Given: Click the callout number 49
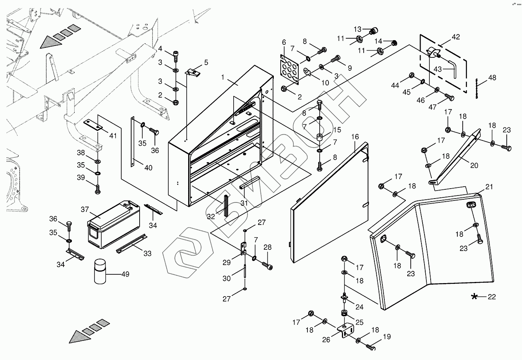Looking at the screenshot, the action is [125, 274].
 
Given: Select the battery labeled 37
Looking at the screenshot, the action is [114, 224].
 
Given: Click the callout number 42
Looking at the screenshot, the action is [456, 37].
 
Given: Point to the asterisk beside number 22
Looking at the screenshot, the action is [474, 296].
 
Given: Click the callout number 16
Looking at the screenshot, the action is [355, 137].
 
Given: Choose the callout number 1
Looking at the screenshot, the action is [223, 77].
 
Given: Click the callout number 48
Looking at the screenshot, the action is [492, 78].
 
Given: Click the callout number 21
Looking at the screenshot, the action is [489, 187].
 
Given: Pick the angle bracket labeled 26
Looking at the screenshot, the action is [345, 330].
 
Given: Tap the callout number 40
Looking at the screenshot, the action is [148, 168].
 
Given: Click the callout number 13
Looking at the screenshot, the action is [358, 29].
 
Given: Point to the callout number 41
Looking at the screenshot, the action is [113, 135].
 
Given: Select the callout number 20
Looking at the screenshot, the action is [474, 165].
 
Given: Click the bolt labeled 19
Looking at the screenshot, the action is [370, 347].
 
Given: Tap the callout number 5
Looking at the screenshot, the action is [206, 62].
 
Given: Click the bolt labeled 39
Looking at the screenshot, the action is [98, 189].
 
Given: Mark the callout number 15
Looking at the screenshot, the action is [337, 130].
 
